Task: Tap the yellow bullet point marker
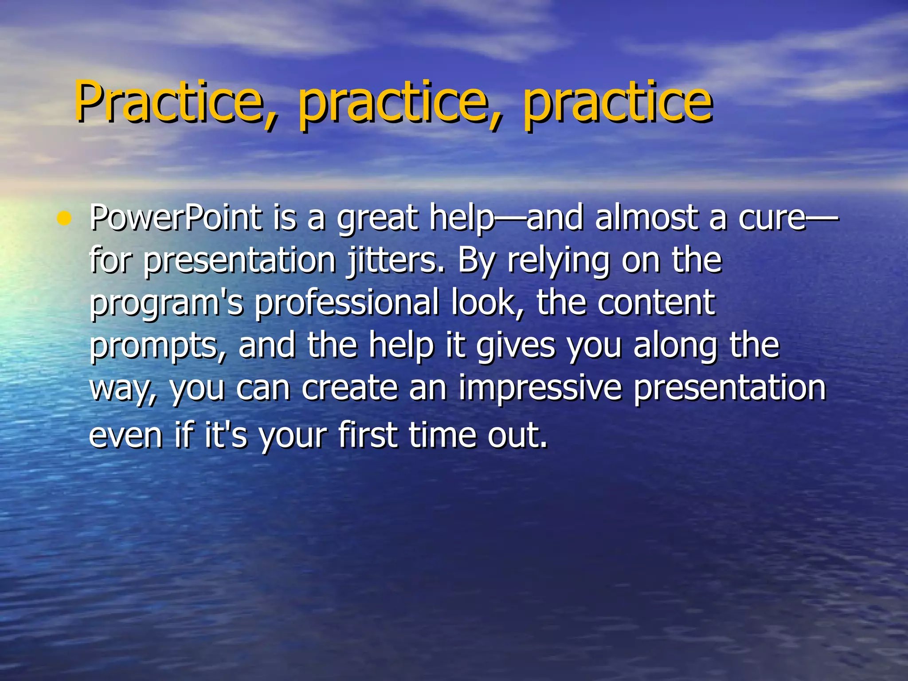pos(65,219)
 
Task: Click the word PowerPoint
pos(176,219)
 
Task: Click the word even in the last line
pos(126,435)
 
